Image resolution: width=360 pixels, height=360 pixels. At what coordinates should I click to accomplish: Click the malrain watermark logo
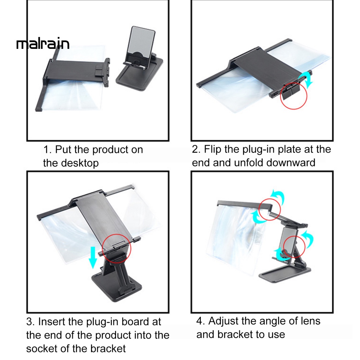(x=43, y=44)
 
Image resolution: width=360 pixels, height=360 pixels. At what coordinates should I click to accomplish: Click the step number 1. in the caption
(x=47, y=150)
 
